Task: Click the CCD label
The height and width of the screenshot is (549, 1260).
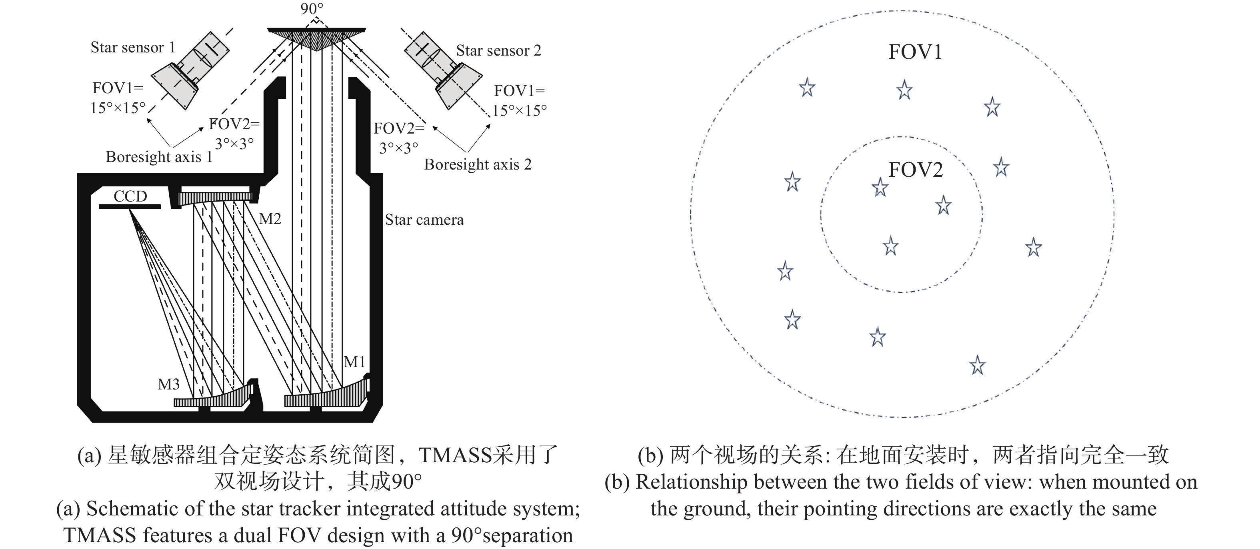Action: pyautogui.click(x=130, y=196)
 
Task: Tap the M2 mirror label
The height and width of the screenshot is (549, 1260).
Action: pyautogui.click(x=270, y=219)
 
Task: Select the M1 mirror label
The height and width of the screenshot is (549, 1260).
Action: pyautogui.click(x=355, y=362)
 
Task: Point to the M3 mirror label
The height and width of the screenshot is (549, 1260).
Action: pyautogui.click(x=169, y=384)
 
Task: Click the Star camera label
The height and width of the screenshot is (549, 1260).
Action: pyautogui.click(x=424, y=220)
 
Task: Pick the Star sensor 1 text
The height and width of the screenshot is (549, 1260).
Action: pyautogui.click(x=132, y=48)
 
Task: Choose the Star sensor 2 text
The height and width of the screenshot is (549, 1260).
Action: pyautogui.click(x=498, y=50)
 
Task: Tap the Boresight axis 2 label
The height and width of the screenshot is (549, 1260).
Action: pyautogui.click(x=477, y=165)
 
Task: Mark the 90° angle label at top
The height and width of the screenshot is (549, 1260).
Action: pyautogui.click(x=312, y=8)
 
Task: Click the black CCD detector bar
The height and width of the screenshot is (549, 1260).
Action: pyautogui.click(x=130, y=207)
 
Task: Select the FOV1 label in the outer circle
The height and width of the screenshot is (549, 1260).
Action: pyautogui.click(x=915, y=52)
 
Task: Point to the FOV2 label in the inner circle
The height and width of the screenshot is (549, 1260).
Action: pyautogui.click(x=915, y=170)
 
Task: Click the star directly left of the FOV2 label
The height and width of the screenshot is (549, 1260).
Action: pyautogui.click(x=880, y=187)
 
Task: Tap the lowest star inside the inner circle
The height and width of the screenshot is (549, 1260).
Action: pyautogui.click(x=891, y=246)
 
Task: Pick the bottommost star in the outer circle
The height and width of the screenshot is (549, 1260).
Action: pyautogui.click(x=977, y=365)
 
